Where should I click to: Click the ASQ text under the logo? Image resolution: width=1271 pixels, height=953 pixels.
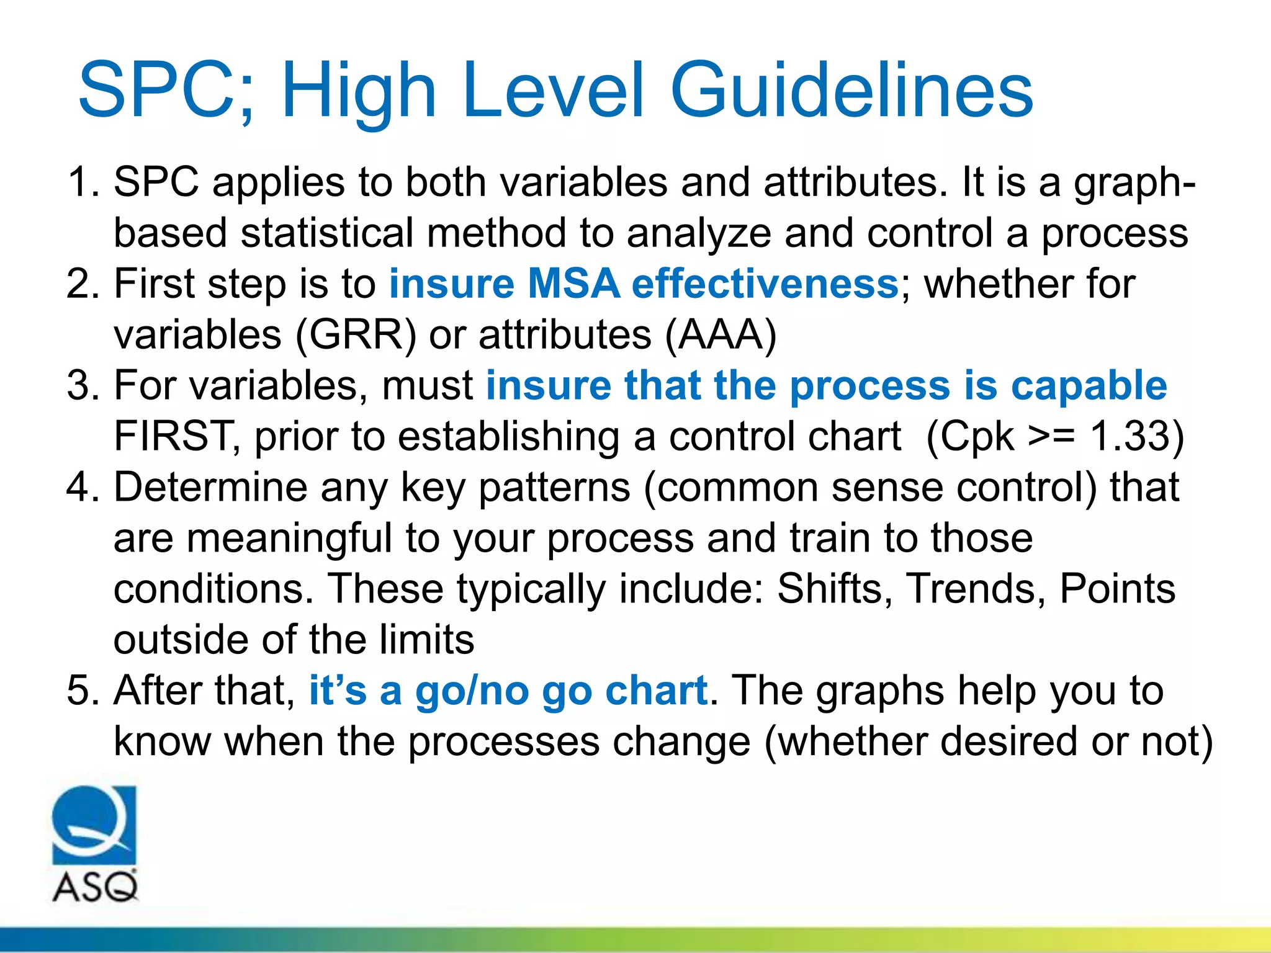95,887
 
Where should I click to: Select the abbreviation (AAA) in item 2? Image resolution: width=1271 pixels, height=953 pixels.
721,335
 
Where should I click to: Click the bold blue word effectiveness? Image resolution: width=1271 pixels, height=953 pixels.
765,284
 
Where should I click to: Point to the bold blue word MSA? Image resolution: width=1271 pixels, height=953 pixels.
573,284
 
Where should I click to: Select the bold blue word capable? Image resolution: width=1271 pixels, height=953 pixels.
1089,386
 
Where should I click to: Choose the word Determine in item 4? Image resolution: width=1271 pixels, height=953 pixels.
210,487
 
